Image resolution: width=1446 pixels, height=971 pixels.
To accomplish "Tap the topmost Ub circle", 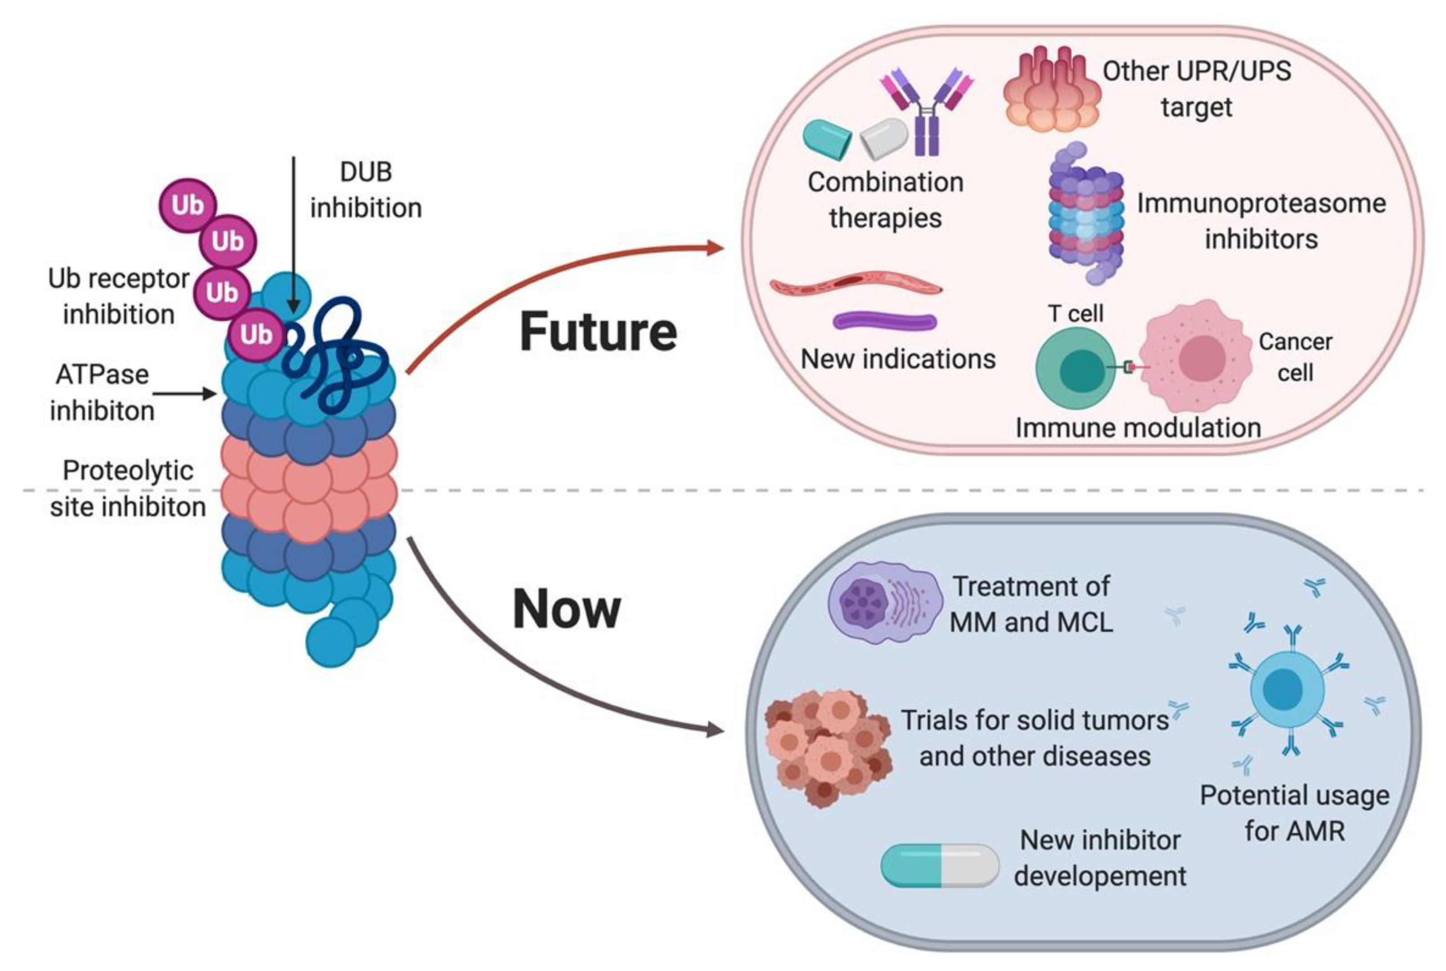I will [187, 205].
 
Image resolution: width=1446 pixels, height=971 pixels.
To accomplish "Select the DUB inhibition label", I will [366, 190].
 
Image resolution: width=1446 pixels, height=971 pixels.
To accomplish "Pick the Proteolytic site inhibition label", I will [128, 489].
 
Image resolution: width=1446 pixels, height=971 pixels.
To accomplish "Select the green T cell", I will [1075, 369].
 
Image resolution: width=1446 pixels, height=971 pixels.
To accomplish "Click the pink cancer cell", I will [1199, 358].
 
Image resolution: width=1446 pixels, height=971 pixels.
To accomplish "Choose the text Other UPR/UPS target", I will [1196, 89].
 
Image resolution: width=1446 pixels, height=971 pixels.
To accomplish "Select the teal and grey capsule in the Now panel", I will [939, 865].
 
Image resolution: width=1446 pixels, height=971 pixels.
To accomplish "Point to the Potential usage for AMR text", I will [1294, 812].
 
